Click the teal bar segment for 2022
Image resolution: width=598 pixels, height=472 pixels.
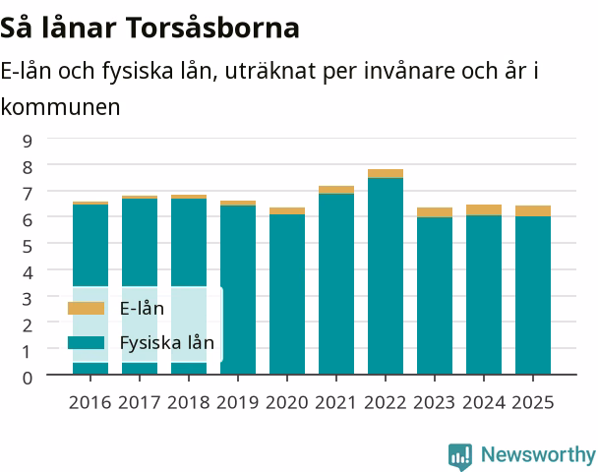pyautogui.click(x=386, y=276)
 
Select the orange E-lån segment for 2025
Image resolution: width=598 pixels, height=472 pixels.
pyautogui.click(x=533, y=210)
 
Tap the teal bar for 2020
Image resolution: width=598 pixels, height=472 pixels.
pyautogui.click(x=287, y=294)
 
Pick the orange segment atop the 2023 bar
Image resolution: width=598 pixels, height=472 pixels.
pyautogui.click(x=435, y=212)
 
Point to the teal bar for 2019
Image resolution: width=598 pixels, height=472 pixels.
pyautogui.click(x=238, y=290)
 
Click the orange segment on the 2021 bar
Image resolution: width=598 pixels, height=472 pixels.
pyautogui.click(x=336, y=190)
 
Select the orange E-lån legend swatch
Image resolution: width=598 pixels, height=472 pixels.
pyautogui.click(x=86, y=309)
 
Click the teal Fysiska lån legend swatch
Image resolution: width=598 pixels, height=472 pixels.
pyautogui.click(x=86, y=342)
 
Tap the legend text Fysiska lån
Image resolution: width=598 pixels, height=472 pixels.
pyautogui.click(x=167, y=343)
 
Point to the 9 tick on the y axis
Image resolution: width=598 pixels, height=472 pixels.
pyautogui.click(x=28, y=141)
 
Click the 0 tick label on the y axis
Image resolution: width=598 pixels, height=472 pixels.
pyautogui.click(x=28, y=378)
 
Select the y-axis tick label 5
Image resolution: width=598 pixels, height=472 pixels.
pyautogui.click(x=28, y=246)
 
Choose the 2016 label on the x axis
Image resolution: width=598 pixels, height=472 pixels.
pyautogui.click(x=90, y=402)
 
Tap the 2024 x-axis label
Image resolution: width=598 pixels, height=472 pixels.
pyautogui.click(x=484, y=402)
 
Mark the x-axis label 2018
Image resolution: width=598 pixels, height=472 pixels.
pyautogui.click(x=189, y=402)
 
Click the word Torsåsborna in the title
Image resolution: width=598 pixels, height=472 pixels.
pyautogui.click(x=212, y=28)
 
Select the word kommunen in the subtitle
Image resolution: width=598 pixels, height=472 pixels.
pyautogui.click(x=60, y=107)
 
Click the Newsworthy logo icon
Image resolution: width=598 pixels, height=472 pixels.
pyautogui.click(x=460, y=456)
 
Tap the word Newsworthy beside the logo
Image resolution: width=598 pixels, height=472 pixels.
pyautogui.click(x=538, y=454)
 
